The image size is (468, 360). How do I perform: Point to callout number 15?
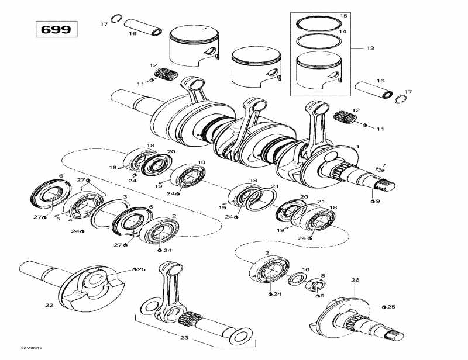[x=343, y=15]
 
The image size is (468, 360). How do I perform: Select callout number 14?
[x=343, y=31]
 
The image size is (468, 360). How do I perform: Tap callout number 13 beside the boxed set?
[x=369, y=48]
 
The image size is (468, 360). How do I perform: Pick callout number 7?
[x=384, y=165]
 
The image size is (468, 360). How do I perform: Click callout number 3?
[x=125, y=197]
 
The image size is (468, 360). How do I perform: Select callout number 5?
[x=58, y=219]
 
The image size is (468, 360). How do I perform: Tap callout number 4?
[x=71, y=220]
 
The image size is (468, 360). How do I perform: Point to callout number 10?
[x=305, y=269]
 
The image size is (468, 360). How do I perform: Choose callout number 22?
[x=49, y=305]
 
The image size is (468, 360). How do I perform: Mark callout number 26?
[x=355, y=281]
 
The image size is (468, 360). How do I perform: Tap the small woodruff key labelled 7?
[x=380, y=171]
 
